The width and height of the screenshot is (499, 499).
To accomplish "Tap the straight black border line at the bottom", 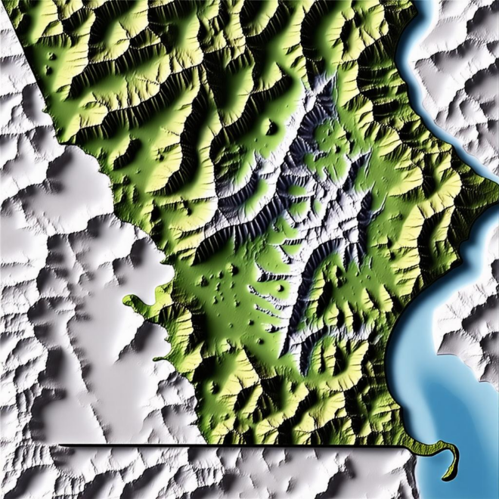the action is click(227, 445).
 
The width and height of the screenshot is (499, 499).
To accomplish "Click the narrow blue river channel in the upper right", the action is click(423, 91).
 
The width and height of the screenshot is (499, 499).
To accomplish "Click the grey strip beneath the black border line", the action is click(227, 473).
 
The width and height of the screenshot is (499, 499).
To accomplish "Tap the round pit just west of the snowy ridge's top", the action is click(271, 129).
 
